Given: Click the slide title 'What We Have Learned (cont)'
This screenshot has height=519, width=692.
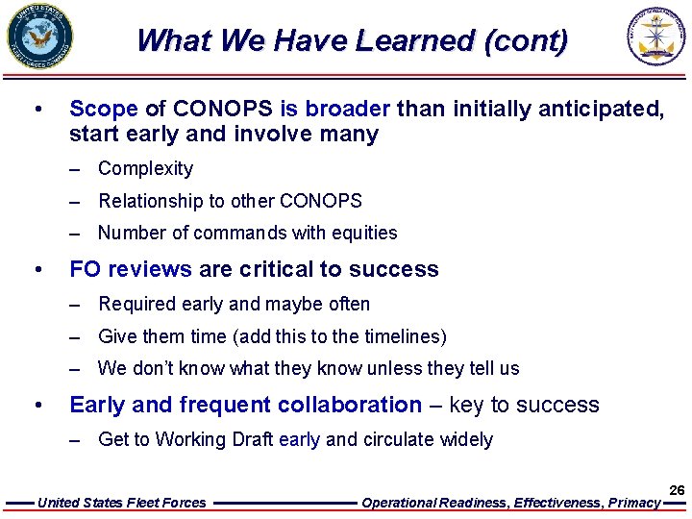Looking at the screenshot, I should pyautogui.click(x=352, y=40).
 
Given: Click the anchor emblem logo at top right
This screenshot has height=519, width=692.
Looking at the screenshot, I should pyautogui.click(x=658, y=37).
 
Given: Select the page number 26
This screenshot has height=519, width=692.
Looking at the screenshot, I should pyautogui.click(x=677, y=490).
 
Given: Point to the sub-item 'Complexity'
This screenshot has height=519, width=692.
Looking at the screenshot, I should pyautogui.click(x=145, y=169).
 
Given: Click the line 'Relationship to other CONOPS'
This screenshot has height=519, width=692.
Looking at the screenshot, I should pyautogui.click(x=230, y=201).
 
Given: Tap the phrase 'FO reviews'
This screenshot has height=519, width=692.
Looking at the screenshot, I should pyautogui.click(x=131, y=269).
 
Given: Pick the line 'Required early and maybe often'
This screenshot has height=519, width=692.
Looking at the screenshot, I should pyautogui.click(x=234, y=304).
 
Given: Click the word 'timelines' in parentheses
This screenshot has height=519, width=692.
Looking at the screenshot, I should pyautogui.click(x=403, y=336).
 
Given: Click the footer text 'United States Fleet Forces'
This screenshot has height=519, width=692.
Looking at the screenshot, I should pyautogui.click(x=121, y=503).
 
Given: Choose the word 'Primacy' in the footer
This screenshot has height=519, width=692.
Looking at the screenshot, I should pyautogui.click(x=633, y=503).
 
